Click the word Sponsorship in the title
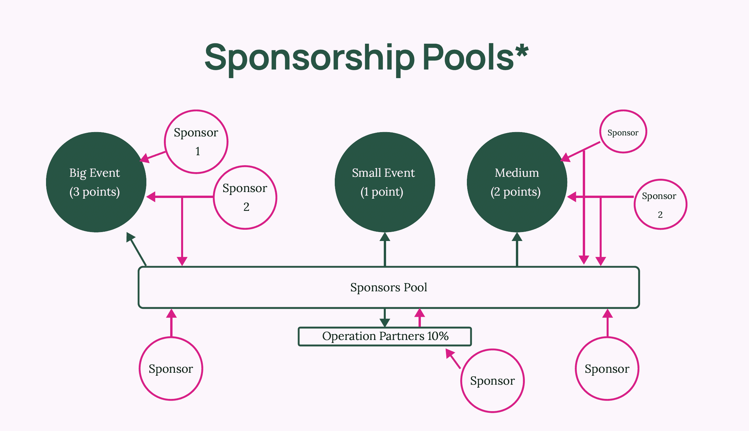(309, 58)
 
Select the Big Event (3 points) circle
(96, 182)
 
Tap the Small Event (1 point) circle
(384, 182)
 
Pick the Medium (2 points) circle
(517, 182)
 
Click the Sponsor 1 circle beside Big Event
(196, 142)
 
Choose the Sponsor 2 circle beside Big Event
(245, 197)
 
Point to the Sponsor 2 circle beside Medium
(660, 204)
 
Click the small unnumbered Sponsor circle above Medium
(623, 132)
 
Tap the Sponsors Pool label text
(389, 287)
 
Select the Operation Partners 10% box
(385, 336)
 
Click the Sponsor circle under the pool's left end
(171, 368)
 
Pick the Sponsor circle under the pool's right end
(607, 368)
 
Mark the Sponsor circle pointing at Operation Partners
(492, 381)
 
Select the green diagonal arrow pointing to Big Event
(136, 249)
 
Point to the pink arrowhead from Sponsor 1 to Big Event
(145, 158)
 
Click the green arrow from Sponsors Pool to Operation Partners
(385, 318)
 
